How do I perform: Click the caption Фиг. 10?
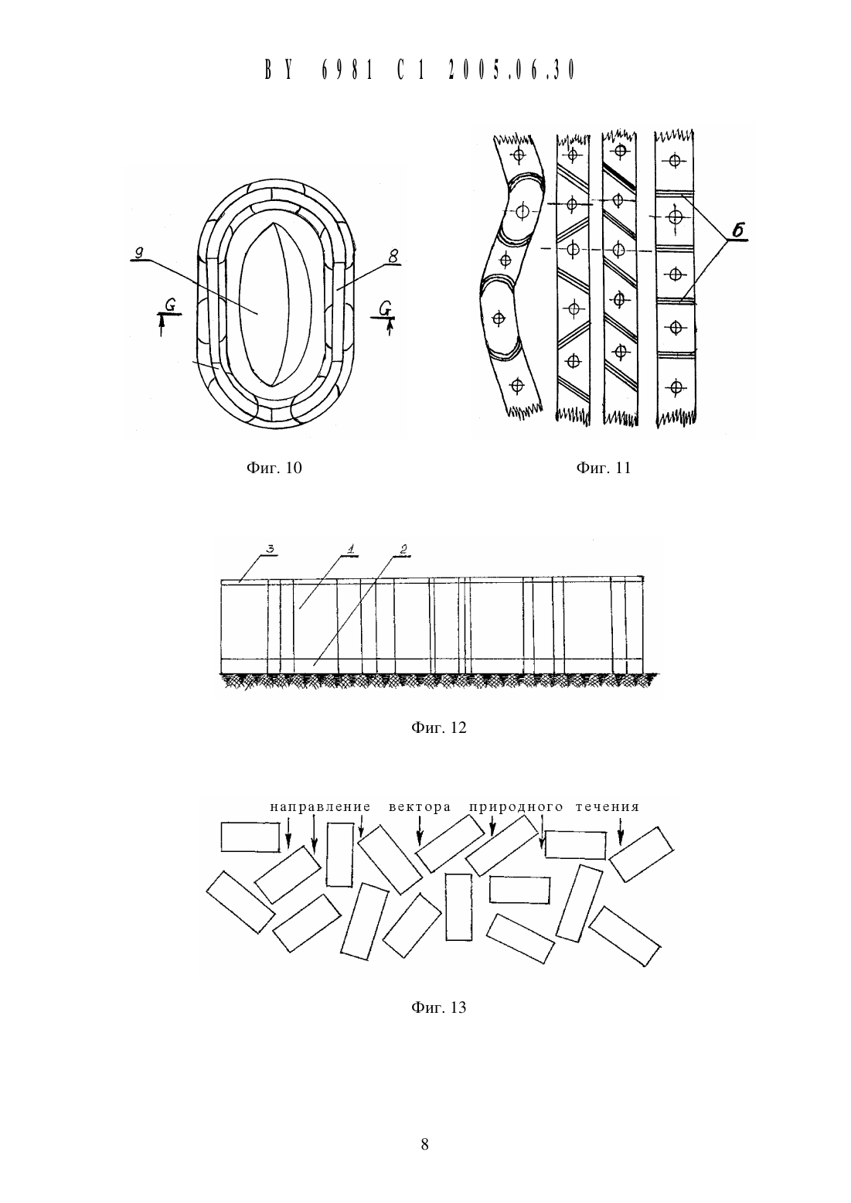click(274, 468)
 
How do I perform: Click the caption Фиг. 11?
click(603, 468)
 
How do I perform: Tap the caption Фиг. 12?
click(439, 728)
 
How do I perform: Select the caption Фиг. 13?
click(439, 1007)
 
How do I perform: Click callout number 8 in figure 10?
click(393, 257)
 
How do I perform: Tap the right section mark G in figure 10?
click(384, 308)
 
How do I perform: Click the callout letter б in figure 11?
click(738, 232)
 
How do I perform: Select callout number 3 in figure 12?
click(271, 549)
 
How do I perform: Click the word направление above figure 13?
click(320, 807)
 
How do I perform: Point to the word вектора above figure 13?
click(420, 807)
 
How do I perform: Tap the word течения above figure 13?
click(608, 807)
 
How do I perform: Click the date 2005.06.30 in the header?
click(512, 70)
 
